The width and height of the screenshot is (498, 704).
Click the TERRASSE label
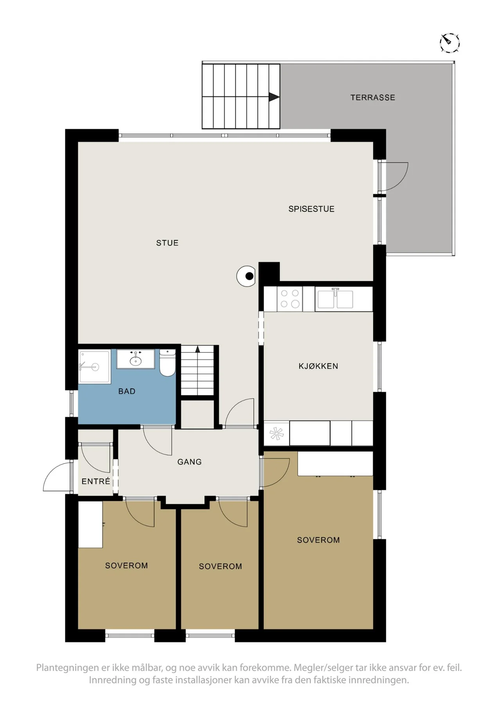[372, 97]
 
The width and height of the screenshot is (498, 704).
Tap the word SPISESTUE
[311, 209]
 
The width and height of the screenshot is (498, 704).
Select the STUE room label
[167, 243]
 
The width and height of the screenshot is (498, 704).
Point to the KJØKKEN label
[318, 366]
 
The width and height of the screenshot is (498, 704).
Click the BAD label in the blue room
[127, 391]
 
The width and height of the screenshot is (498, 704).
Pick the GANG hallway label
[190, 462]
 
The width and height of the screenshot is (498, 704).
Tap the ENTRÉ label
[96, 481]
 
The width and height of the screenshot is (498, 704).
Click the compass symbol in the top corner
[449, 42]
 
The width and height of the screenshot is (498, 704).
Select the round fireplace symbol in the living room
[246, 276]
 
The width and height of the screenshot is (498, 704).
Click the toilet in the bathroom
[167, 363]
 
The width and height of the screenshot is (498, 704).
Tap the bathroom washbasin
[136, 359]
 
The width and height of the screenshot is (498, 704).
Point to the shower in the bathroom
[94, 367]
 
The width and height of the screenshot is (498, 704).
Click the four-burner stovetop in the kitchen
[289, 299]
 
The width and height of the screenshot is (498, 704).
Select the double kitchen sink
[335, 299]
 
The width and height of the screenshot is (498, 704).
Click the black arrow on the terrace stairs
[274, 97]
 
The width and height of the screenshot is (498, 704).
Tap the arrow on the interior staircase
[198, 349]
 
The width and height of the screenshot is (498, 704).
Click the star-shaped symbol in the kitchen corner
[277, 433]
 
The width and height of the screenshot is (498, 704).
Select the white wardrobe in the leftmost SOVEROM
[90, 524]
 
